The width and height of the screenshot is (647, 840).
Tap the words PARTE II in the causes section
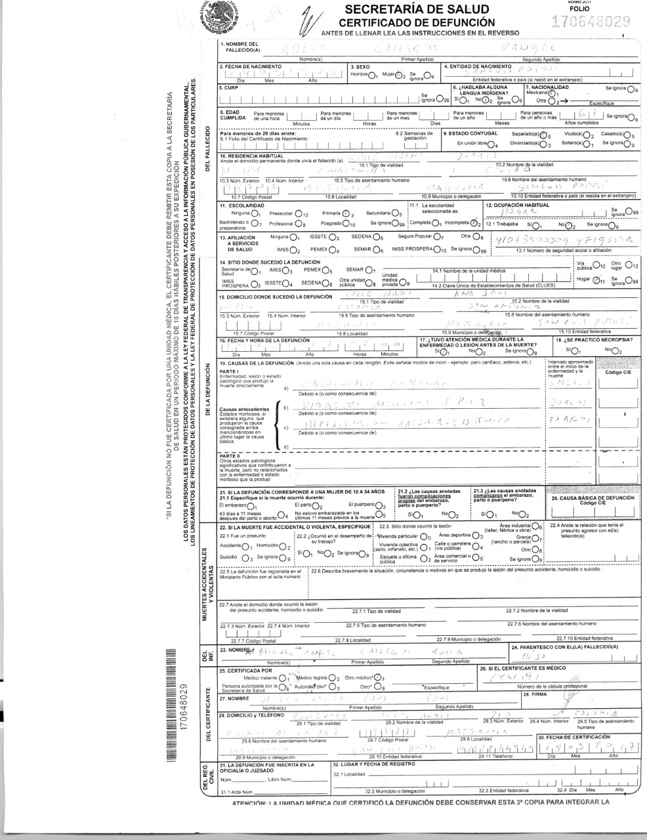[230, 455]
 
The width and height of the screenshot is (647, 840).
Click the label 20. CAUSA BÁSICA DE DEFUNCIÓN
[593, 498]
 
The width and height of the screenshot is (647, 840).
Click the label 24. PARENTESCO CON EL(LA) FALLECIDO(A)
[564, 646]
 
